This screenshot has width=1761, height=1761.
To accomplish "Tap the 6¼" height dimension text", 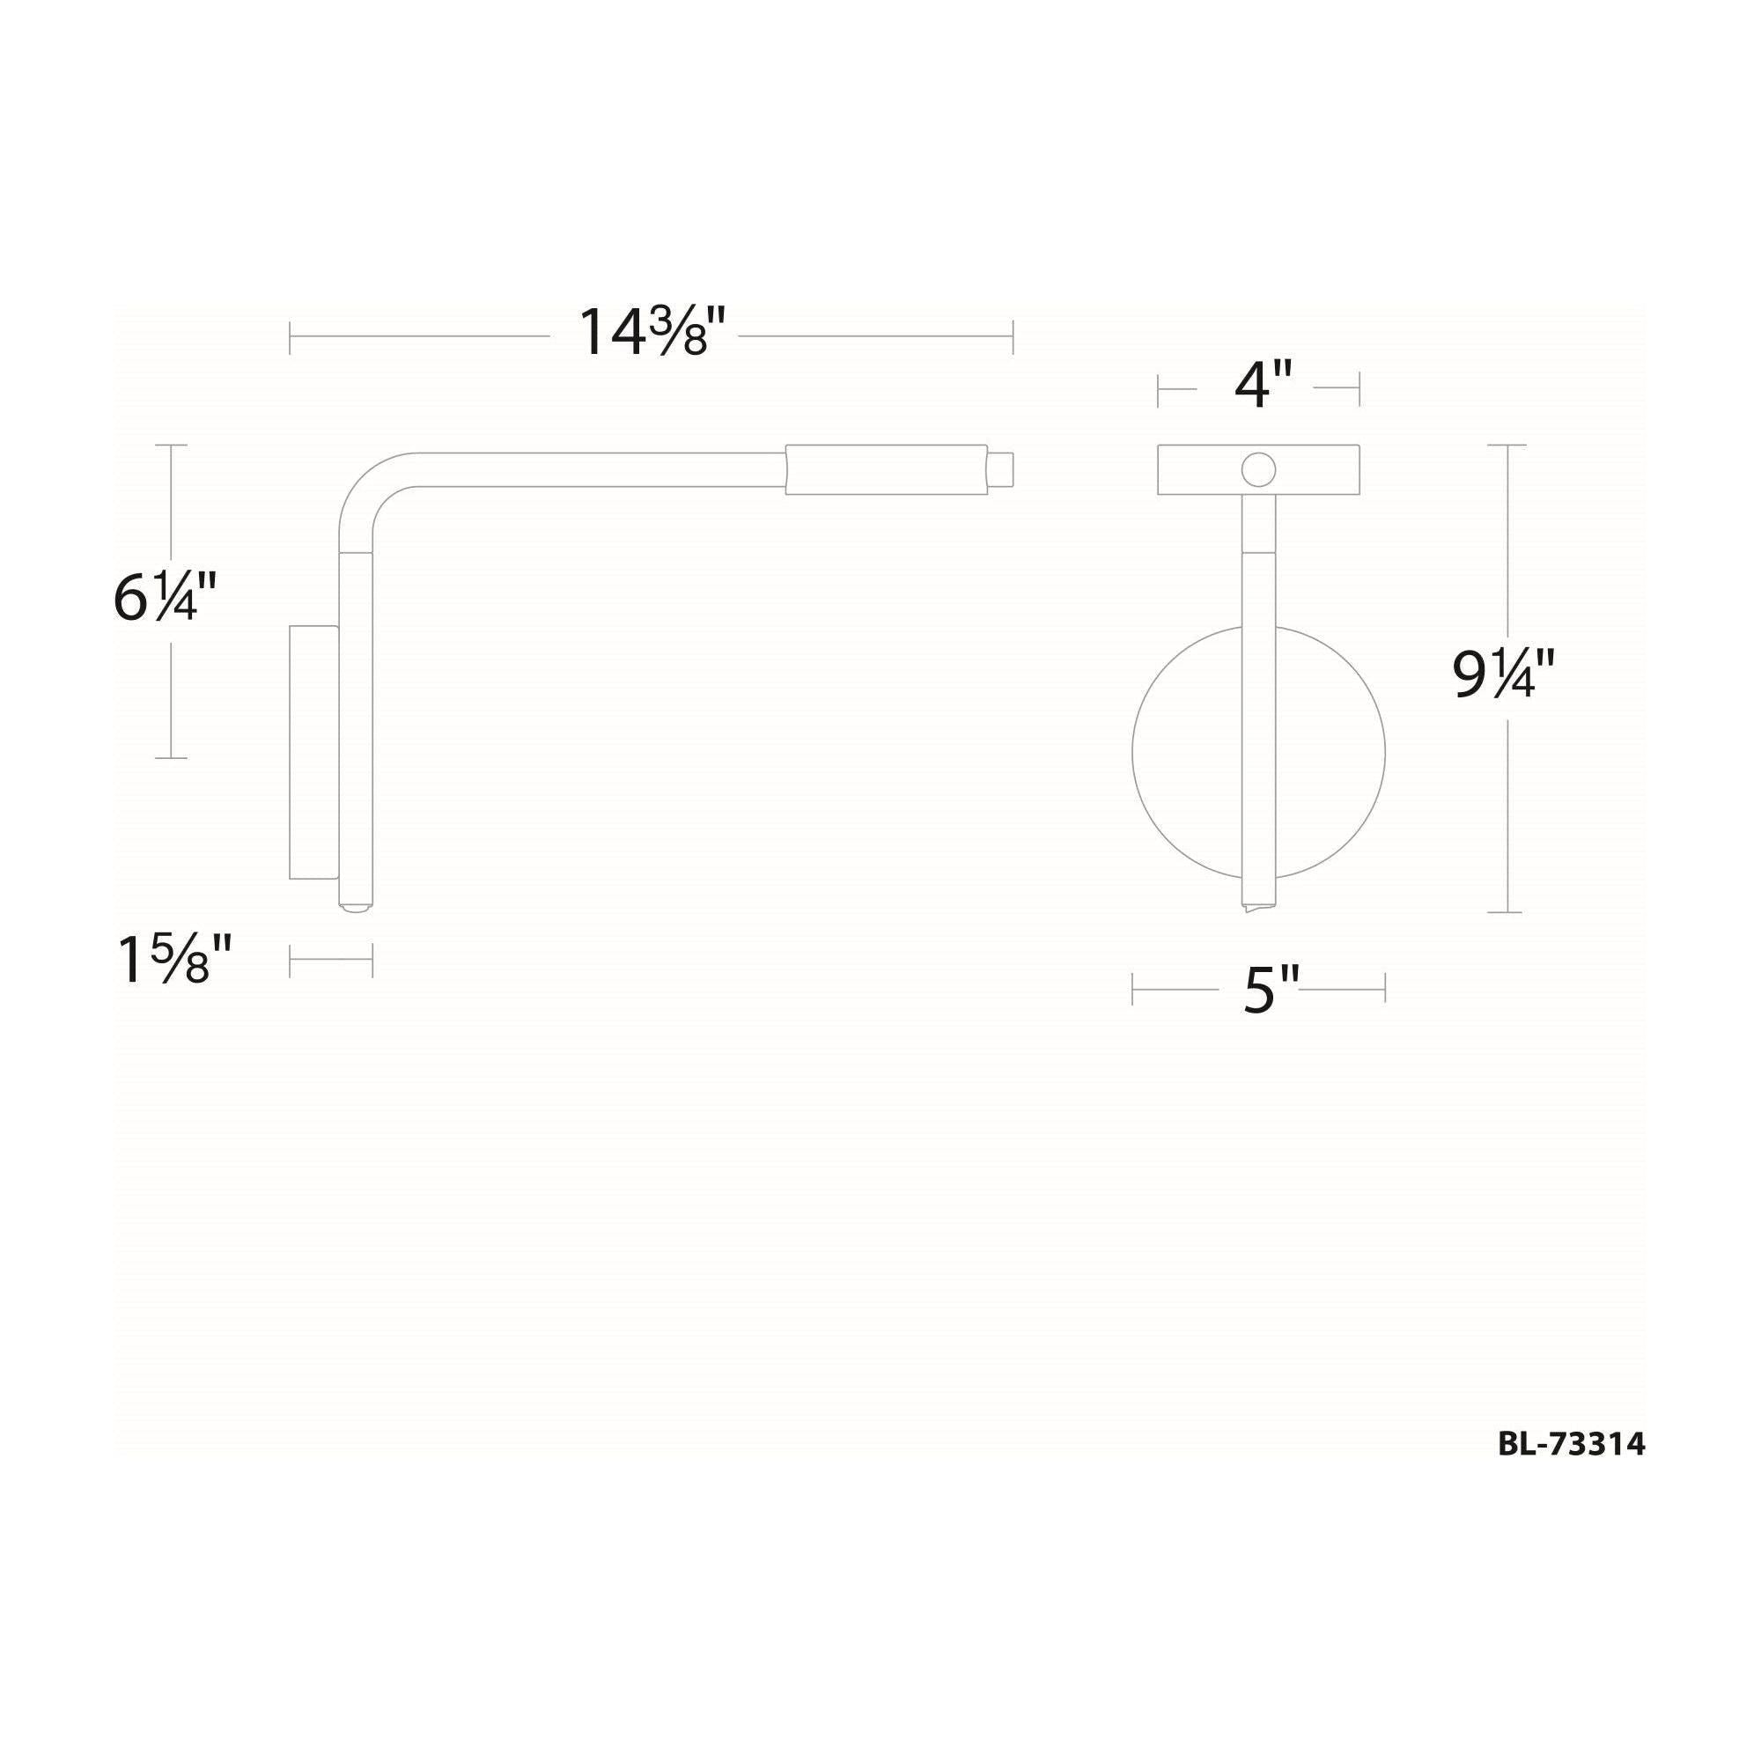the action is click(165, 598).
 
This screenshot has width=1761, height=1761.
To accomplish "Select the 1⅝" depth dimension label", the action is click(175, 960).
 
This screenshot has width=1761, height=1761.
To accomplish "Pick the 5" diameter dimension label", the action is click(1271, 989).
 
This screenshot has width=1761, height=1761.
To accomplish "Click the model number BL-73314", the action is click(1572, 1444).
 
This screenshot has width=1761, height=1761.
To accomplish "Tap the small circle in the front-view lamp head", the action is click(1258, 470).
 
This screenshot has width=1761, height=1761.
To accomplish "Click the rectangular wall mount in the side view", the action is click(313, 752).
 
